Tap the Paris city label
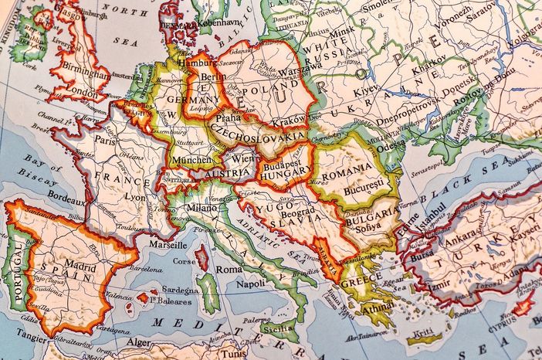click(x=105, y=141)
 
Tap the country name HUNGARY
click(x=286, y=176)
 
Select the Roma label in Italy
click(x=229, y=270)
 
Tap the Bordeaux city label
click(x=64, y=200)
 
